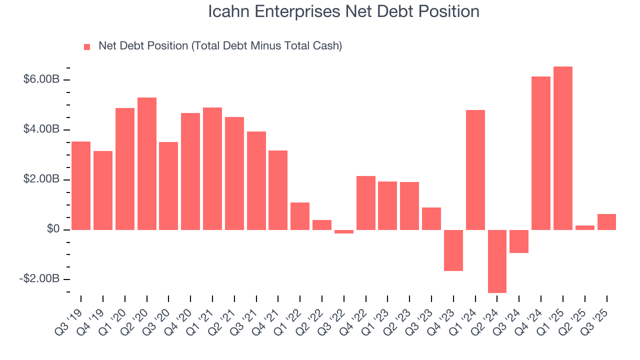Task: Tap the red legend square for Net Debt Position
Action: coord(87,47)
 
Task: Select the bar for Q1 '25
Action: coord(563,148)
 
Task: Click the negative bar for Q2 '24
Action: coord(497,261)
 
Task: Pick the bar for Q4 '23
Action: coord(453,250)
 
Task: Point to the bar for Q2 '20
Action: coord(147,163)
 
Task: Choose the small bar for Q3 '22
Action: coord(344,231)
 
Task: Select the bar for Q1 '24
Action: coord(475,170)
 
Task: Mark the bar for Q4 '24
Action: coord(541,153)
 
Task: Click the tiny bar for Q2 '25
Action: coord(585,227)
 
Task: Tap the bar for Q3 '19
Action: coord(81,185)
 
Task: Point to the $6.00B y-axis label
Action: coord(41,80)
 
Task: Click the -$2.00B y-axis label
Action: coord(39,279)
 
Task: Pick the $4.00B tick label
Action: coord(41,130)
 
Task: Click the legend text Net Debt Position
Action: coord(220,46)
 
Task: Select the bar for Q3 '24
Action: coord(519,241)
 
